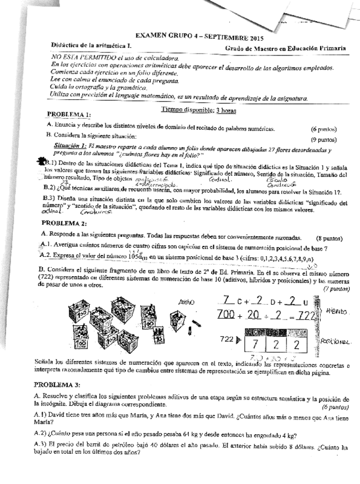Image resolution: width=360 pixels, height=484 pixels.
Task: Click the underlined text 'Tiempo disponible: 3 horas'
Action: (191, 109)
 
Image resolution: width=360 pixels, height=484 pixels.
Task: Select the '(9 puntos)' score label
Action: (323, 139)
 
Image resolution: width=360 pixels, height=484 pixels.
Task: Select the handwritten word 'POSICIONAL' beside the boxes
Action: (338, 341)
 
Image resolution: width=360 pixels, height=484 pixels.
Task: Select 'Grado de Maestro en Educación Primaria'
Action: (285, 50)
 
